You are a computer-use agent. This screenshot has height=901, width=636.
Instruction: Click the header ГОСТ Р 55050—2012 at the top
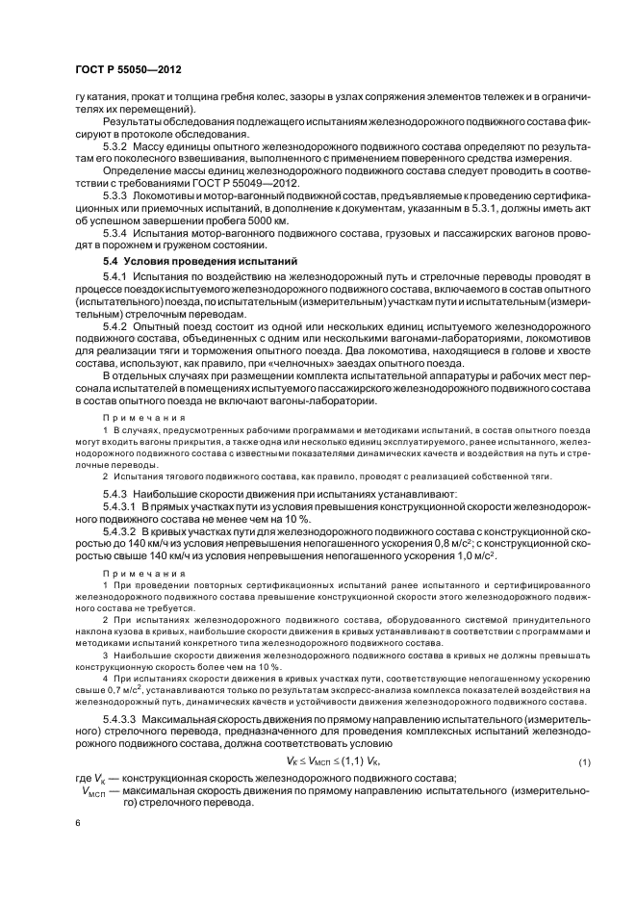point(128,70)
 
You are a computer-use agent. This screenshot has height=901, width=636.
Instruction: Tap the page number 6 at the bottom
point(77,825)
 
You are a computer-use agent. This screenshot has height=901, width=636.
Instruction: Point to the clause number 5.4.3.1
point(121,504)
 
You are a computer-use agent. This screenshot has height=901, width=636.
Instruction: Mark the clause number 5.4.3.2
point(121,530)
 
